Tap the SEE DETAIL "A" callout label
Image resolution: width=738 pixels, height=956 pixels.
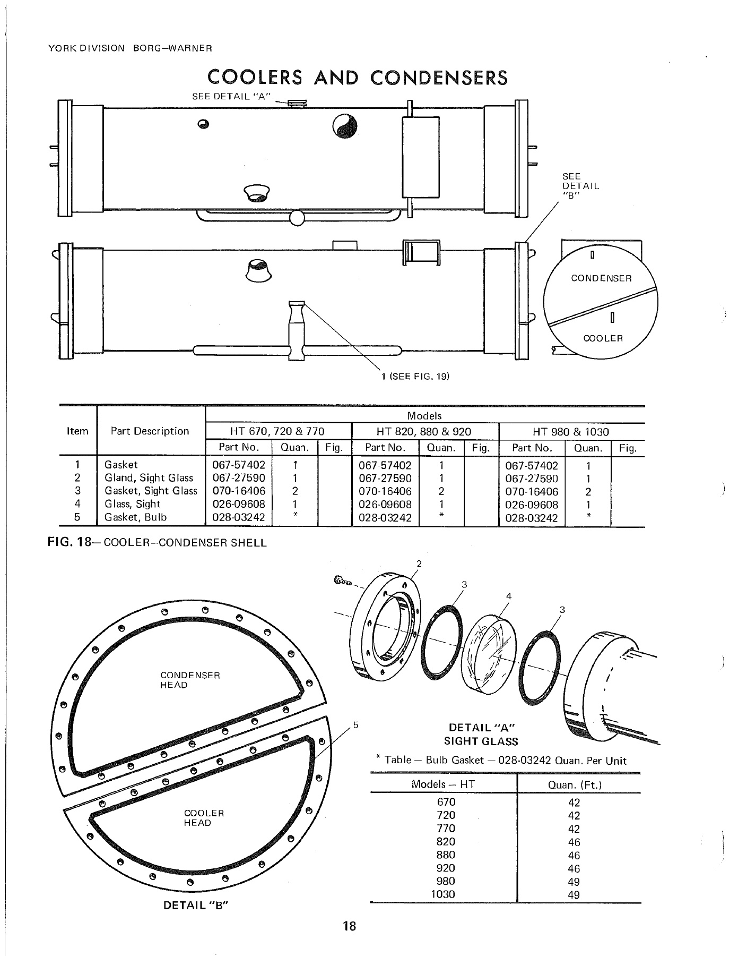click(231, 96)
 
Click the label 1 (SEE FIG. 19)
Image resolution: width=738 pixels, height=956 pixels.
click(415, 377)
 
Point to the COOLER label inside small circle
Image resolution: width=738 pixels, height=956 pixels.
click(603, 338)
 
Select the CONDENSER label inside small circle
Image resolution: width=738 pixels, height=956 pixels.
click(601, 278)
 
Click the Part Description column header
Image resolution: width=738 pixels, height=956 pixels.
click(150, 431)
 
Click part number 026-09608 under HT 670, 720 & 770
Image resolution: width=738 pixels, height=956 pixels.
click(238, 504)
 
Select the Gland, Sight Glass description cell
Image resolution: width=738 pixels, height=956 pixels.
click(149, 478)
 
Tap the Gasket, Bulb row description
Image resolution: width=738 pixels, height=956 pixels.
click(136, 517)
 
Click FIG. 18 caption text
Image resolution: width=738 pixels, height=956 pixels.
click(157, 543)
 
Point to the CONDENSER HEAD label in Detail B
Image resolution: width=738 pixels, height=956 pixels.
click(190, 680)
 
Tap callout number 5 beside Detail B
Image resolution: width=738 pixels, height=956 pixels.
click(356, 724)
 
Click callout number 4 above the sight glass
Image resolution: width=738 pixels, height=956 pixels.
click(508, 596)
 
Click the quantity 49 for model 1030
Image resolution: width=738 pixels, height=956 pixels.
click(574, 895)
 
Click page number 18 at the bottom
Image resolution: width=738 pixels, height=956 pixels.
click(349, 927)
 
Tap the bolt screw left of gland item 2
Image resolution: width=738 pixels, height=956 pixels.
click(343, 582)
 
